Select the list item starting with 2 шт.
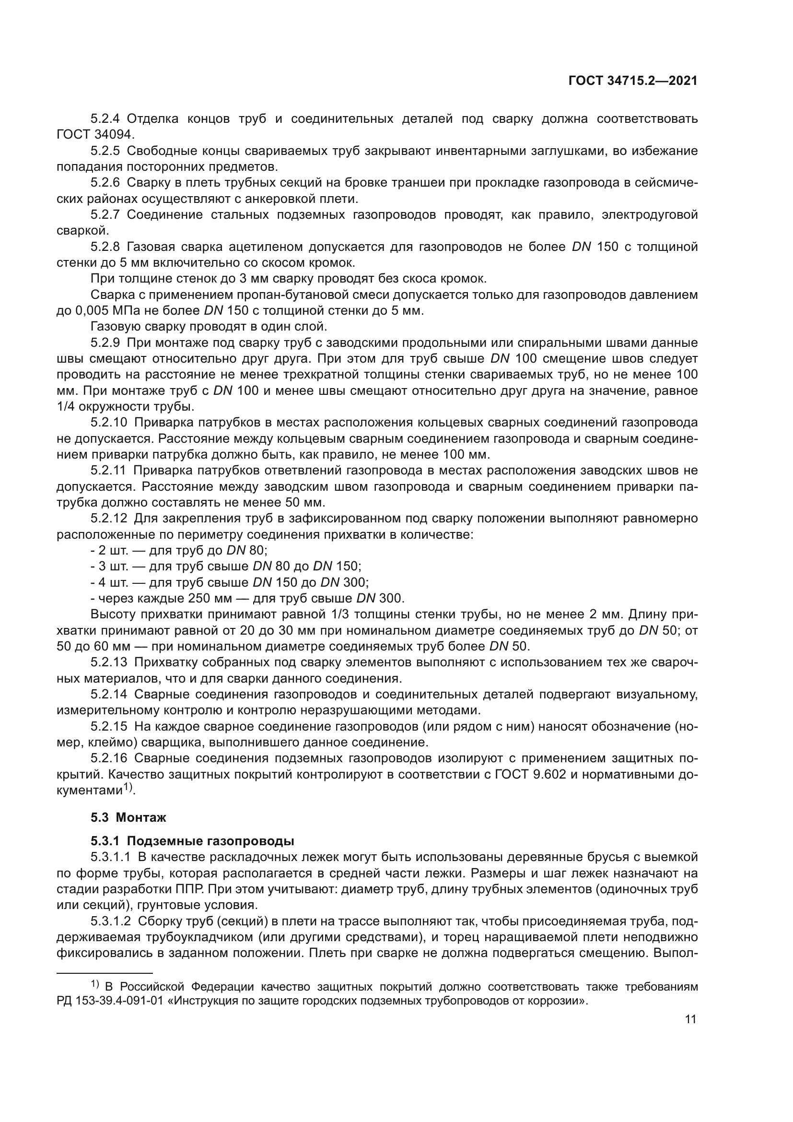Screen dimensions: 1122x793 coord(179,550)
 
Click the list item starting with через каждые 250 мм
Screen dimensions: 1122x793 coord(247,598)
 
